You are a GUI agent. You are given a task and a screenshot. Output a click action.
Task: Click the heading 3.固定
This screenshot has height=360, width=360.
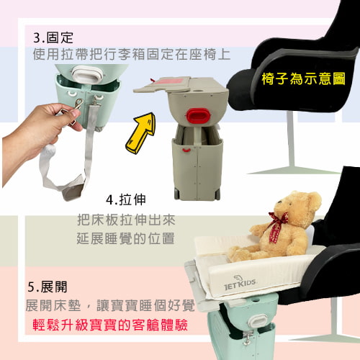point(53,37)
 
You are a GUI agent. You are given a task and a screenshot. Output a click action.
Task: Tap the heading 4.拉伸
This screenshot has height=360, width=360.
point(126,199)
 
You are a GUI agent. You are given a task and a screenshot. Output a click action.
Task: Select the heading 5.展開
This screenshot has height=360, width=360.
point(48,287)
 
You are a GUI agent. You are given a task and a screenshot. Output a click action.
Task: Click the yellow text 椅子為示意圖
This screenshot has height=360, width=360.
point(303,78)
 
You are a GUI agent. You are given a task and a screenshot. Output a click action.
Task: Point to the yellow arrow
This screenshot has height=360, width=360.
point(140,132)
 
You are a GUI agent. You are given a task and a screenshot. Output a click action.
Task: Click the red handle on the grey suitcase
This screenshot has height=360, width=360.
point(198,115)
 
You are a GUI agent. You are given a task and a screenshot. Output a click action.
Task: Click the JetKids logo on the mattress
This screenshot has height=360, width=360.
point(240,283)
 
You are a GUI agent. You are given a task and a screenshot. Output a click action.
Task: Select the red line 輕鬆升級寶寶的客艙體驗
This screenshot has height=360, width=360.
point(110,325)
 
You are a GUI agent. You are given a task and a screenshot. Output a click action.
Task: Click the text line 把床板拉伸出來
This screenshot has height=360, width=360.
point(127,220)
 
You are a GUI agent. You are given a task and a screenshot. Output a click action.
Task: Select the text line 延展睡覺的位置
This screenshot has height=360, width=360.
point(125,238)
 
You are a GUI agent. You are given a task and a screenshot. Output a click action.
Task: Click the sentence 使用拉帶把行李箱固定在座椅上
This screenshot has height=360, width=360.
point(132,54)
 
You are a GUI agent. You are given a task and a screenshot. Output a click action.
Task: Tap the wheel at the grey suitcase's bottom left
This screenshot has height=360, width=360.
point(176,194)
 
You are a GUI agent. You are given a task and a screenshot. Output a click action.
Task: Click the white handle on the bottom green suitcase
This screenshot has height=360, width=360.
point(258,320)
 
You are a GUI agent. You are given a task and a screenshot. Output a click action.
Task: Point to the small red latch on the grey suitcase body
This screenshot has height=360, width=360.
point(186,150)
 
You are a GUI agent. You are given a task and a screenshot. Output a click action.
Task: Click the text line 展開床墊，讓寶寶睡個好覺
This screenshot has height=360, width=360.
point(110,305)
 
